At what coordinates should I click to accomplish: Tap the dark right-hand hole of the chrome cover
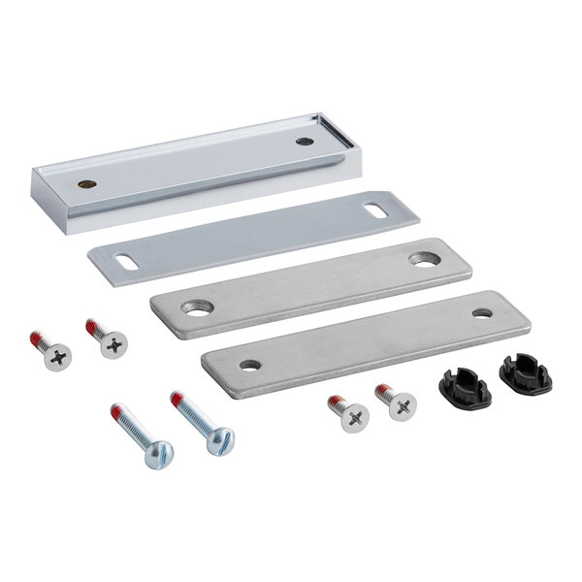(x=305, y=142)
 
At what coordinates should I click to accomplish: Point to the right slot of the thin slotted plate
(x=374, y=208)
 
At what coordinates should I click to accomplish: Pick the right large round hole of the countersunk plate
(x=422, y=259)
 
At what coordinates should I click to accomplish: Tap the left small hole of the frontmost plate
(x=250, y=365)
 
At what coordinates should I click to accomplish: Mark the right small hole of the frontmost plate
(x=482, y=313)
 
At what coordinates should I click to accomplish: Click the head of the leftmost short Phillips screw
(x=58, y=357)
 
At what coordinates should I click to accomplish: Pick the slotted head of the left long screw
(x=158, y=453)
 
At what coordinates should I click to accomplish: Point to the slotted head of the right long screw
(x=220, y=440)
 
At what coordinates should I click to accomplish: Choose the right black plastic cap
(x=526, y=373)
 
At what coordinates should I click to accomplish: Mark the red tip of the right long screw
(x=178, y=398)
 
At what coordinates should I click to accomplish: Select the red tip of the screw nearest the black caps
(x=382, y=390)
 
